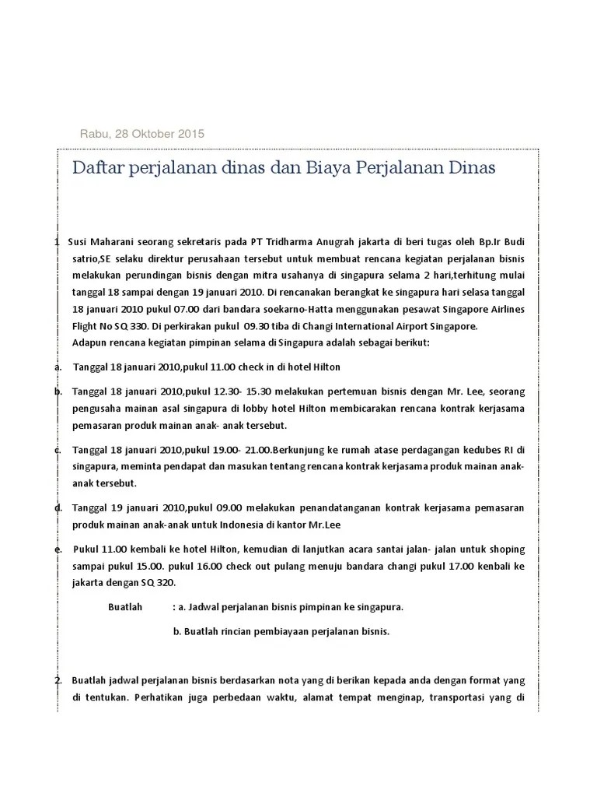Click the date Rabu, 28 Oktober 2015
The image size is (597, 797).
click(142, 133)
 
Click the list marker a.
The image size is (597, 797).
click(58, 367)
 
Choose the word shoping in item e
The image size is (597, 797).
click(504, 549)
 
